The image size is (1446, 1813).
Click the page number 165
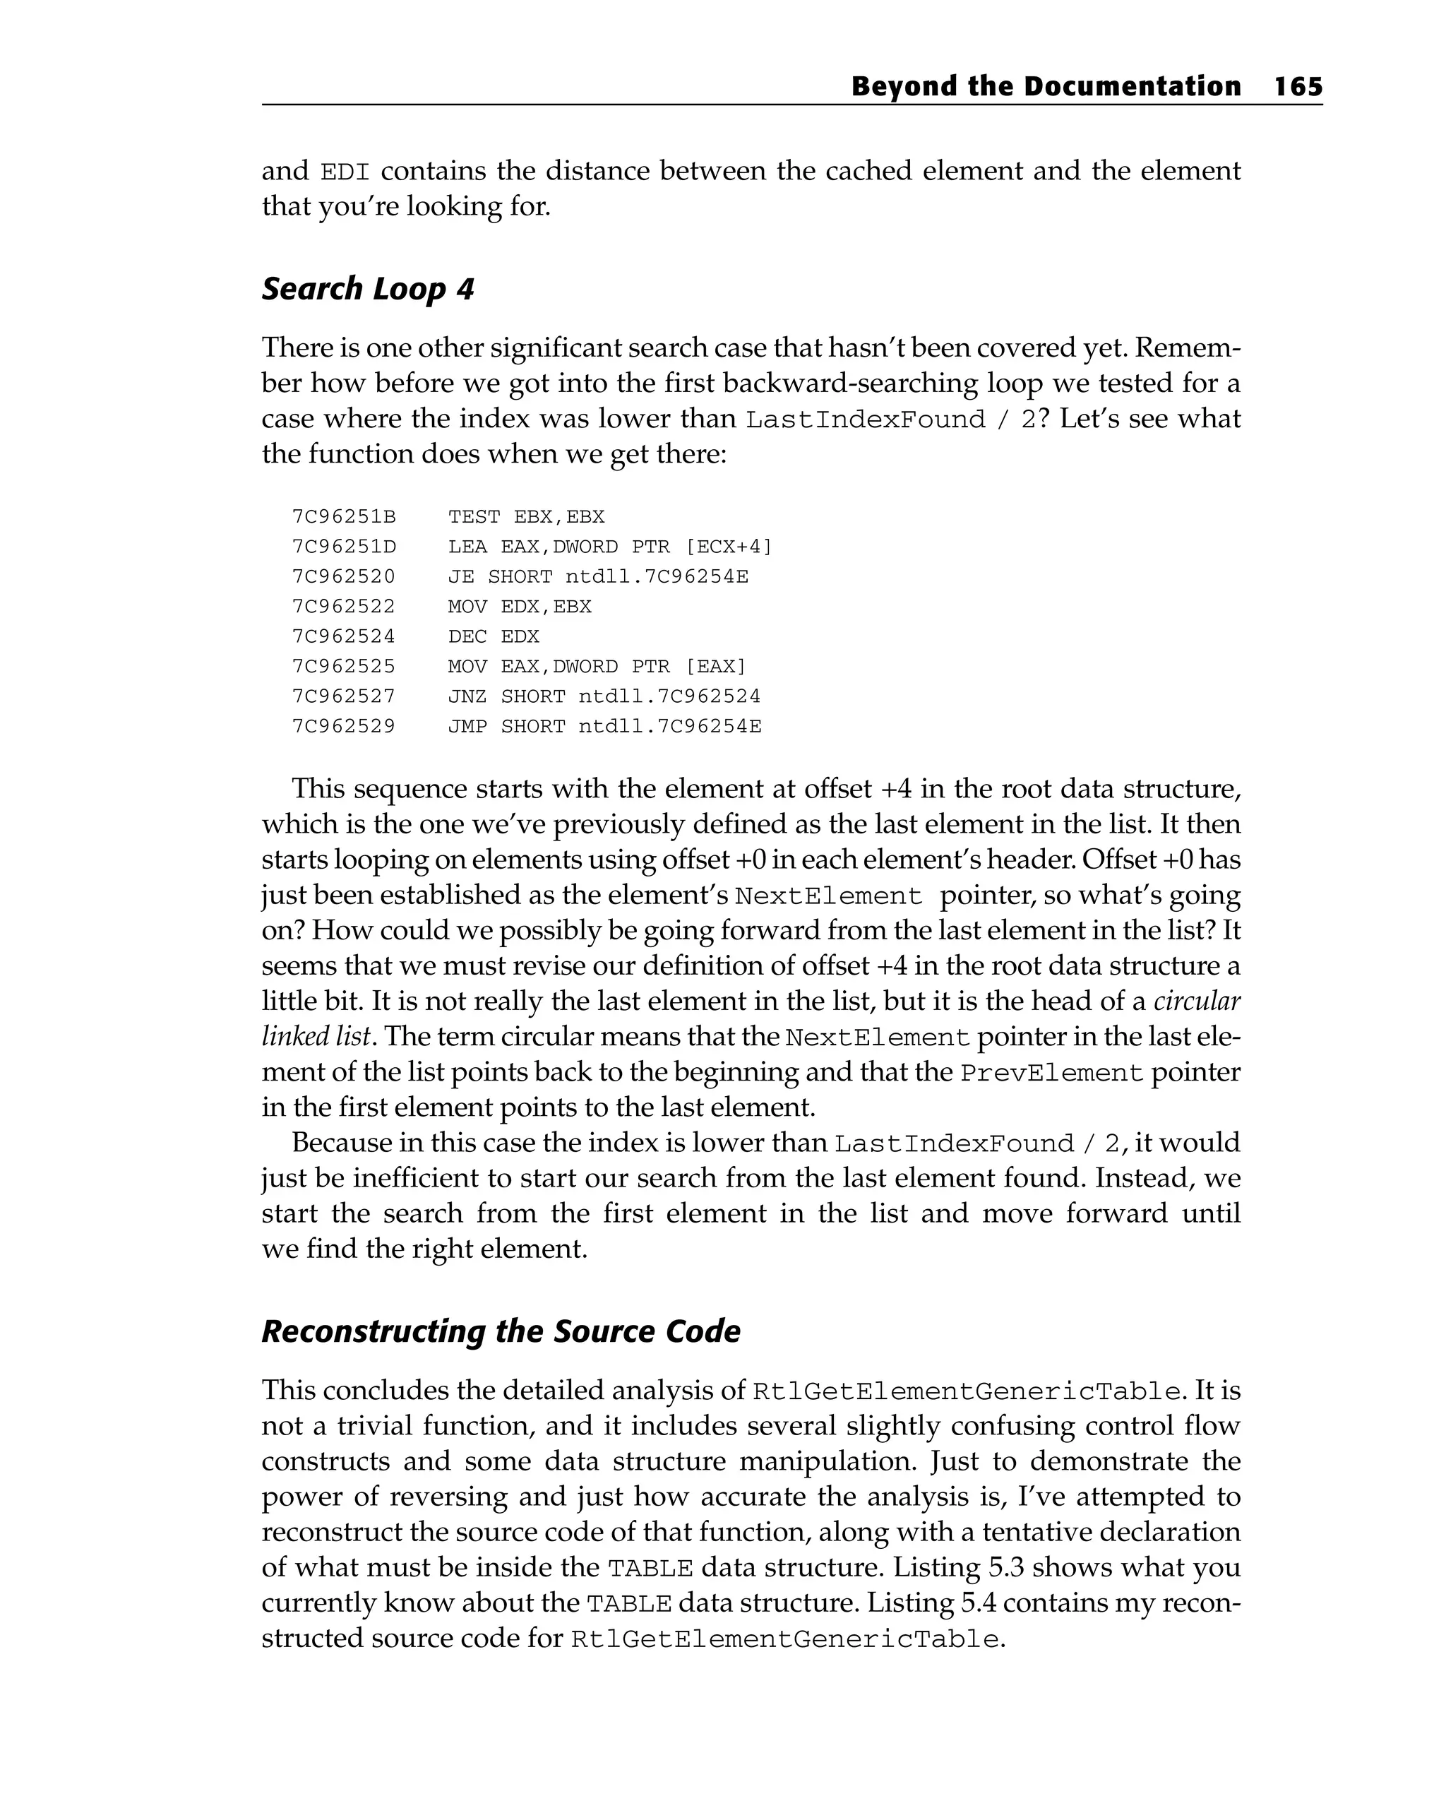[x=1297, y=87]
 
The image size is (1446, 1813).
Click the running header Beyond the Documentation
[x=1045, y=87]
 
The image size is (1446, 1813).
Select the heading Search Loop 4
[x=367, y=290]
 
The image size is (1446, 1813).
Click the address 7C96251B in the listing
[x=343, y=516]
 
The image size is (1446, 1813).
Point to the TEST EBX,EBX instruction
[x=525, y=516]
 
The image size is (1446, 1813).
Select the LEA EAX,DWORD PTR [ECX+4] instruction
[x=609, y=547]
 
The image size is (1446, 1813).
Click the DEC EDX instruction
[x=493, y=636]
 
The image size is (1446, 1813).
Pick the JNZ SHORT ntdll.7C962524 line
[x=603, y=696]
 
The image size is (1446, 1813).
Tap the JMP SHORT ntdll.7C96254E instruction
[x=604, y=727]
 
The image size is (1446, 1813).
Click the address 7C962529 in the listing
[x=343, y=727]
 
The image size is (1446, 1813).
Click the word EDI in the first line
[x=345, y=172]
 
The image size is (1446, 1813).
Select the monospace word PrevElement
[x=1052, y=1073]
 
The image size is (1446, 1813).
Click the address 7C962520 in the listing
[x=343, y=577]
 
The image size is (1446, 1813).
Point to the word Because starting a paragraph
[x=345, y=1143]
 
